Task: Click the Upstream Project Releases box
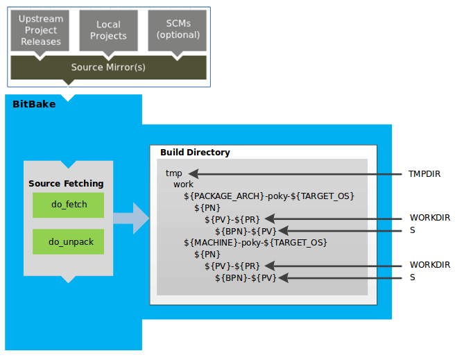(40, 31)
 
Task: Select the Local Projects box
(108, 31)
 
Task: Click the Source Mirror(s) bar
(108, 67)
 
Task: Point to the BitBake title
(34, 104)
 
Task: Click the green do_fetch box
(68, 205)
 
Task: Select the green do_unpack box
(68, 242)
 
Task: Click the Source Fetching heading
(66, 184)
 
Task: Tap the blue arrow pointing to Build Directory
(132, 218)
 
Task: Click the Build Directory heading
(195, 153)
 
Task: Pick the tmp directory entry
(173, 173)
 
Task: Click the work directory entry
(184, 185)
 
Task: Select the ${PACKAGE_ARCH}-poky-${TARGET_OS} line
(268, 196)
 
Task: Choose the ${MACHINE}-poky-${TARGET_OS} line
(255, 243)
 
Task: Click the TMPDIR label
(424, 173)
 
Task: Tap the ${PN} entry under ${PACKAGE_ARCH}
(207, 208)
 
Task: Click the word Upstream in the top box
(40, 19)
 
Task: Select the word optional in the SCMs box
(178, 35)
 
